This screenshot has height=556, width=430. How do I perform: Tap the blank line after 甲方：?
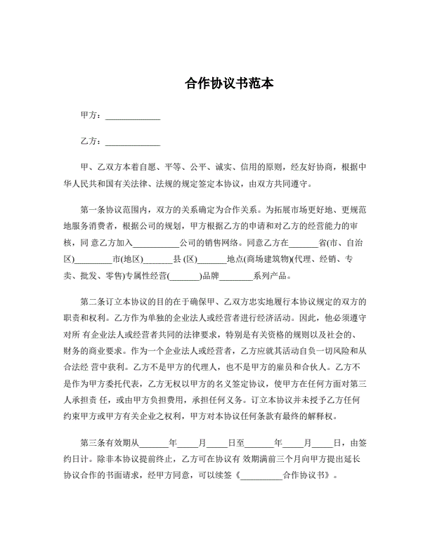132,115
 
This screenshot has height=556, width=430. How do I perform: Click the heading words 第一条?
95,209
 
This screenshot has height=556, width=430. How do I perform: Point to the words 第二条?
95,302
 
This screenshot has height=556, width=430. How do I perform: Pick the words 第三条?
95,443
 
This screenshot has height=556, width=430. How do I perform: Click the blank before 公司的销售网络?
155,243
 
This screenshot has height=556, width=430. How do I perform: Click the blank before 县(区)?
158,260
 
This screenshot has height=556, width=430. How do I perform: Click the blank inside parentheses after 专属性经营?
184,277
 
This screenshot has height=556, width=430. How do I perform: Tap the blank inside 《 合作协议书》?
261,477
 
